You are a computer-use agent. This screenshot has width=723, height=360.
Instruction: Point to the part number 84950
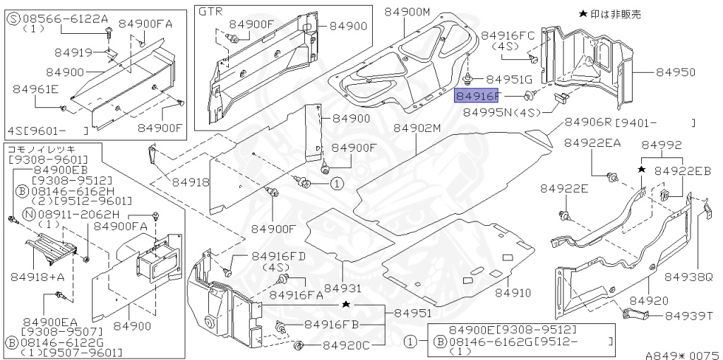[675, 72]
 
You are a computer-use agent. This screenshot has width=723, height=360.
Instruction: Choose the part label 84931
[342, 288]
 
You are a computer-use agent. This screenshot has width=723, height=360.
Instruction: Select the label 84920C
[347, 346]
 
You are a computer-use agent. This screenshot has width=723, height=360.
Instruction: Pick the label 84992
[661, 145]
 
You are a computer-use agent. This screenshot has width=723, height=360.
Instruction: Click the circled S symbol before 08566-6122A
[13, 19]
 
